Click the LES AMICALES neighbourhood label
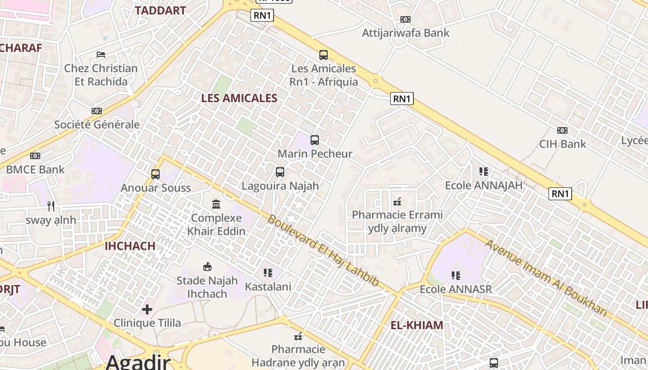(239, 98)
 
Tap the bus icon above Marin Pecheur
(315, 140)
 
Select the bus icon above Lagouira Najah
(280, 172)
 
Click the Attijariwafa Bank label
(405, 33)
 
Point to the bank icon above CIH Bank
(562, 130)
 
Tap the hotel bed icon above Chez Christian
(101, 55)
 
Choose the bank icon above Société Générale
(97, 111)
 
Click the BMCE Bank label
(35, 169)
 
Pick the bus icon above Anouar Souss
(156, 174)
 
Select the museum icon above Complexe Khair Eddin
(216, 204)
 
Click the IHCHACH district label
(130, 246)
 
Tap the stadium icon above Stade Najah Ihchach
(207, 266)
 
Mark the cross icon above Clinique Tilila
(147, 309)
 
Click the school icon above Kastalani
(268, 273)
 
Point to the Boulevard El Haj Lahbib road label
(323, 250)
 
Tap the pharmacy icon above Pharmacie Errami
(397, 202)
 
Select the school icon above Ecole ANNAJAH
(484, 172)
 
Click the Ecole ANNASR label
(455, 289)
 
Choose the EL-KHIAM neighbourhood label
(417, 325)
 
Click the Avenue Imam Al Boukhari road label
(546, 277)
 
